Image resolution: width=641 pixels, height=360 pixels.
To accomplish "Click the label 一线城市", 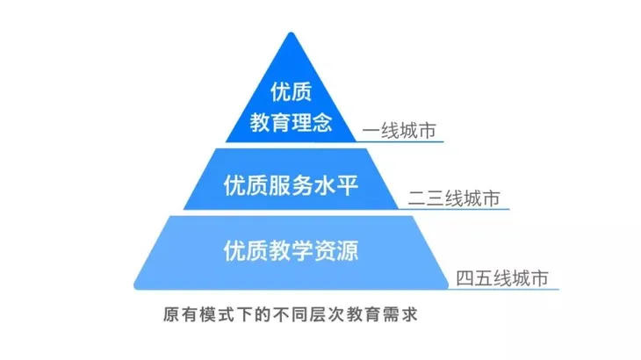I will pos(400,130).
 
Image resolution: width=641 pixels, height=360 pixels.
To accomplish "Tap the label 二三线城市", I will pos(454,198).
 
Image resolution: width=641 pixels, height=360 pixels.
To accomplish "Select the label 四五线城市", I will pos(503,278).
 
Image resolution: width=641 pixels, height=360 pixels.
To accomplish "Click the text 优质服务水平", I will pos(292,185).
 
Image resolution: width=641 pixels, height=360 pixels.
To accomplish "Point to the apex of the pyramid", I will pos(292,33).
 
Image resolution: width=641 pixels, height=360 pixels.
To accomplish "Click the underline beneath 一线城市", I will pos(400,141).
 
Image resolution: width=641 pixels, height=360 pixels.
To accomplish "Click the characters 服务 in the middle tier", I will pos(292,185).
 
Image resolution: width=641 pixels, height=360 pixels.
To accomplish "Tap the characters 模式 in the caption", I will pos(212,313).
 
